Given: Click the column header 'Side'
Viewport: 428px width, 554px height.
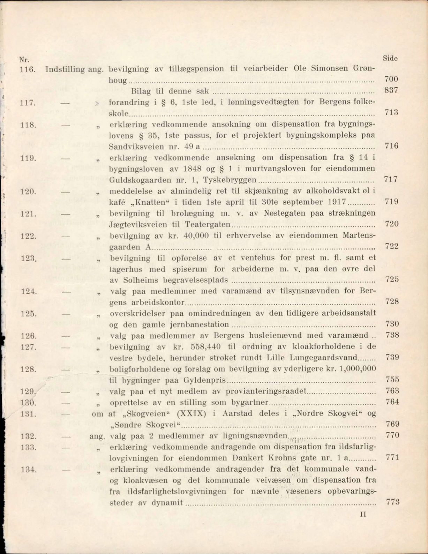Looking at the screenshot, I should pyautogui.click(x=390, y=58).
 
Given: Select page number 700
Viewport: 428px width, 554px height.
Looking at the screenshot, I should pyautogui.click(x=391, y=79).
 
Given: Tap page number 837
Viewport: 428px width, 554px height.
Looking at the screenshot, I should pyautogui.click(x=391, y=90).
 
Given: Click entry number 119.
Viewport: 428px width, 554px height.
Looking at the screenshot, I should pyautogui.click(x=28, y=158).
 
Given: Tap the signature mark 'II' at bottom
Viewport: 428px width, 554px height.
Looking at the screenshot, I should pyautogui.click(x=363, y=514).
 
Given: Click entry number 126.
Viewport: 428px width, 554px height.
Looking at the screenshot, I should pyautogui.click(x=28, y=336).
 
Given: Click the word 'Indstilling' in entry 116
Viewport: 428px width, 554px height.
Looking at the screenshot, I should pyautogui.click(x=65, y=69).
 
